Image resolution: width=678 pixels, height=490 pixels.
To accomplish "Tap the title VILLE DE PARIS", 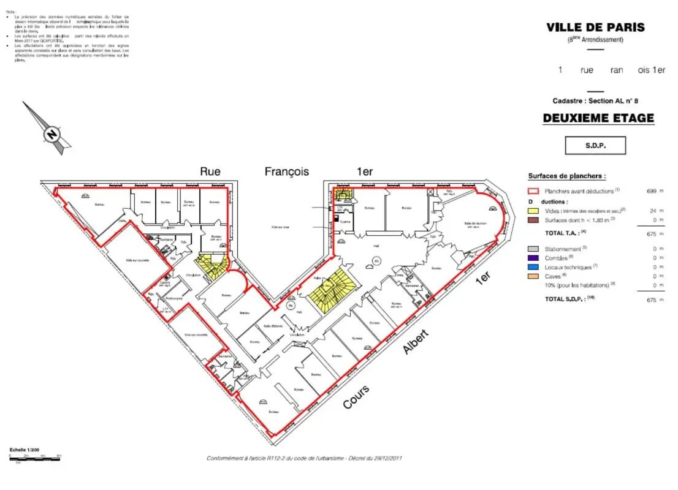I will pos(595,27).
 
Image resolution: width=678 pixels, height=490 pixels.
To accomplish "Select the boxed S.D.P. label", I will pos(595,146).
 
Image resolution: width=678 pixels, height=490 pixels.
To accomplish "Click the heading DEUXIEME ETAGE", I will pos(598,118).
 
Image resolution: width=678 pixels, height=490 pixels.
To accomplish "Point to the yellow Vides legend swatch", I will pos(533,210).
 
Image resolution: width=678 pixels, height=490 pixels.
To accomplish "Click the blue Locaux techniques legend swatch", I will pos(533,267).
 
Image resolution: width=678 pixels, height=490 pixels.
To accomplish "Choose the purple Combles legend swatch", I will pos(533,258).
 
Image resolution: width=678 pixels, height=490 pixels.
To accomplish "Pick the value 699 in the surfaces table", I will pos(652,191).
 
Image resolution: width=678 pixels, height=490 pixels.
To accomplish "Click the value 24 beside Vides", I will pos(653,210).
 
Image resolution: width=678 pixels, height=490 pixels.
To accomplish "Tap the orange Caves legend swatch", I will pos(533,276).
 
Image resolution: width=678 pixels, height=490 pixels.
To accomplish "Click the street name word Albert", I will pos(416,342).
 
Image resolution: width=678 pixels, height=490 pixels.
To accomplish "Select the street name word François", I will pos(287,171).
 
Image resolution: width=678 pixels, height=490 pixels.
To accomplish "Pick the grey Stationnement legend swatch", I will pos(533,249).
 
